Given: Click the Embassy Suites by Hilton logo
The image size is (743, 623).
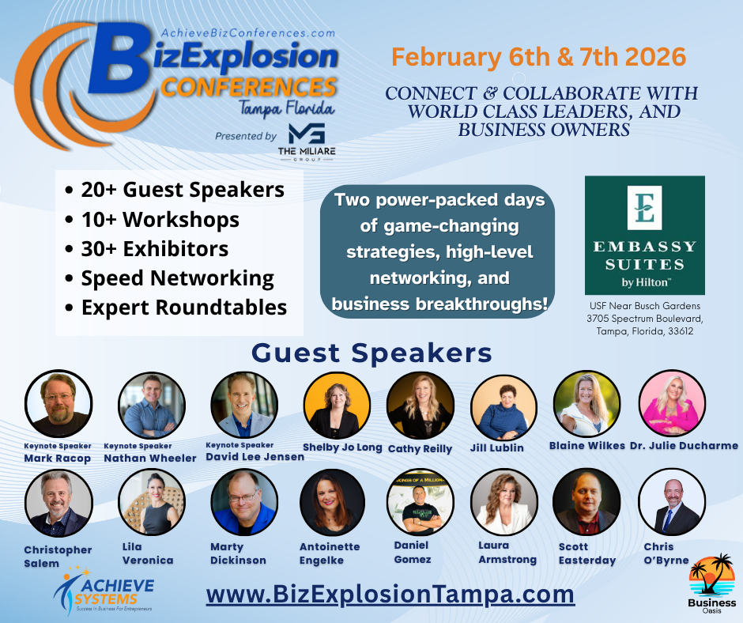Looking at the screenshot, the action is tap(644, 235).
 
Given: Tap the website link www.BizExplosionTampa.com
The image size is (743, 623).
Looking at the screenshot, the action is tap(390, 595).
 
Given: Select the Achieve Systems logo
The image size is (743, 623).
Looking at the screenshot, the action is tap(104, 589).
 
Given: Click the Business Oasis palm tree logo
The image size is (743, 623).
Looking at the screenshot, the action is tap(711, 583).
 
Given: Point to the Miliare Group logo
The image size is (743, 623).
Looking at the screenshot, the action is tap(307, 142).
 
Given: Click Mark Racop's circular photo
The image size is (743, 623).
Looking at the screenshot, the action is tap(58, 403).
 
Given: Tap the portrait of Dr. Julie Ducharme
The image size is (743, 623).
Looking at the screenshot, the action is tap(672, 403).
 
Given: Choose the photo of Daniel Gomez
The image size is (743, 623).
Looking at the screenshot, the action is tap(421, 502).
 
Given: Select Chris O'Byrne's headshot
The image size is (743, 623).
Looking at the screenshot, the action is tap(672, 502).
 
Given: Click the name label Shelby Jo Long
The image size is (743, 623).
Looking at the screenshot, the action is tap(342, 447).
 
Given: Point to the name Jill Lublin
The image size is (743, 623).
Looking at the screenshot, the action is tap(497, 448).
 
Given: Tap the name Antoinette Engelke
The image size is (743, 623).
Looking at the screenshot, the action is tap(330, 553).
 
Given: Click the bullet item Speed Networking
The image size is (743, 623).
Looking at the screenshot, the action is tap(177, 278).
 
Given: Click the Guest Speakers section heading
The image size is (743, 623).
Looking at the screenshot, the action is tap(371, 353).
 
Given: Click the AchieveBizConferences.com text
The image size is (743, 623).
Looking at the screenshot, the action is tap(248, 33).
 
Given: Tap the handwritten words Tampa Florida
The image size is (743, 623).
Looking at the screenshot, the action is tap(287, 108).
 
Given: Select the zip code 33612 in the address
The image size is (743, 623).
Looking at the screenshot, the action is tap(681, 331).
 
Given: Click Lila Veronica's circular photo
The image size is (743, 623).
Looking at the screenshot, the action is tap(152, 502).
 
